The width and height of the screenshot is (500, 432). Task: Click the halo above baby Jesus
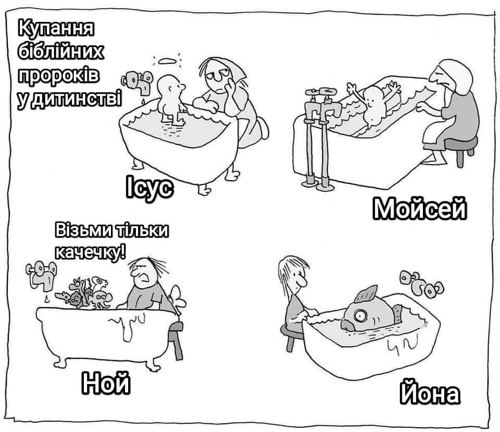coord(167,61)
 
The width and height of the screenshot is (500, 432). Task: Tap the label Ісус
coord(149,187)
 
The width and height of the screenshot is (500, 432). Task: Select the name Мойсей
coord(419,208)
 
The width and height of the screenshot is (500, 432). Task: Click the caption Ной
coord(106,383)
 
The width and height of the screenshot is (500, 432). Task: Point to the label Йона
coord(430,393)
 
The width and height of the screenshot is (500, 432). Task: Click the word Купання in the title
coord(56,28)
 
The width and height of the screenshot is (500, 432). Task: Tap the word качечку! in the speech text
coord(90,252)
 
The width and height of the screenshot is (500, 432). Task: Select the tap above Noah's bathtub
coord(42,275)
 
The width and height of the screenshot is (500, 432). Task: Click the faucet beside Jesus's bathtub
coord(137,81)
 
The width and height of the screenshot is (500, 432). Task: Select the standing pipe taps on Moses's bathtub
coord(320,138)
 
